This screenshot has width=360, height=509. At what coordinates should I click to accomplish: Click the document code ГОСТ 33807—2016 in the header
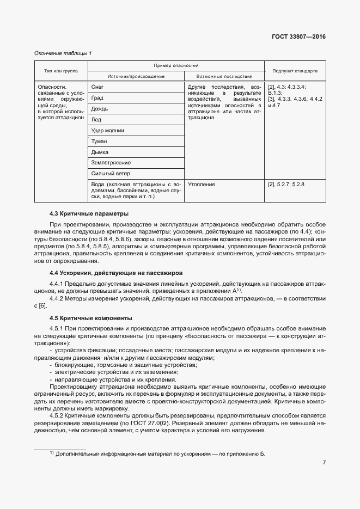[298, 38]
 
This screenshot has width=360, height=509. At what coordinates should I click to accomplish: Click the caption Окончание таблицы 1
[63, 53]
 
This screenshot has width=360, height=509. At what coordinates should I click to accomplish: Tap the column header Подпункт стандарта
[295, 71]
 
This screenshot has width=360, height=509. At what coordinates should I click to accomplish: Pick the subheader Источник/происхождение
[136, 77]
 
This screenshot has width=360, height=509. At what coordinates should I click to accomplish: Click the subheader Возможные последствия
[224, 77]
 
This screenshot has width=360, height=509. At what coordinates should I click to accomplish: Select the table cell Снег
[97, 87]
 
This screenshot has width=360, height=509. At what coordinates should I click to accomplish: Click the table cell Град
[97, 98]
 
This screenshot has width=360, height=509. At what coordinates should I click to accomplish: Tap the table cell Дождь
[100, 109]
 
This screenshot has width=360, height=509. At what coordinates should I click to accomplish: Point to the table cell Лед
[96, 120]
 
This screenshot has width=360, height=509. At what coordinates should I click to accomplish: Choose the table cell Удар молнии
[108, 131]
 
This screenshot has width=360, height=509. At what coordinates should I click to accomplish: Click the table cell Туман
[100, 142]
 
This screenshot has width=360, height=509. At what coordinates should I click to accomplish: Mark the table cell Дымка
[100, 152]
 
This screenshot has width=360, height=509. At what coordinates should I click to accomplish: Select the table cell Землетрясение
[111, 163]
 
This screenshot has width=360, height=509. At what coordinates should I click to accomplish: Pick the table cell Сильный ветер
[109, 174]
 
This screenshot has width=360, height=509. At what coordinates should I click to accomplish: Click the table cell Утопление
[202, 185]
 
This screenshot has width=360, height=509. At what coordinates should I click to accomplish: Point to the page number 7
[324, 463]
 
